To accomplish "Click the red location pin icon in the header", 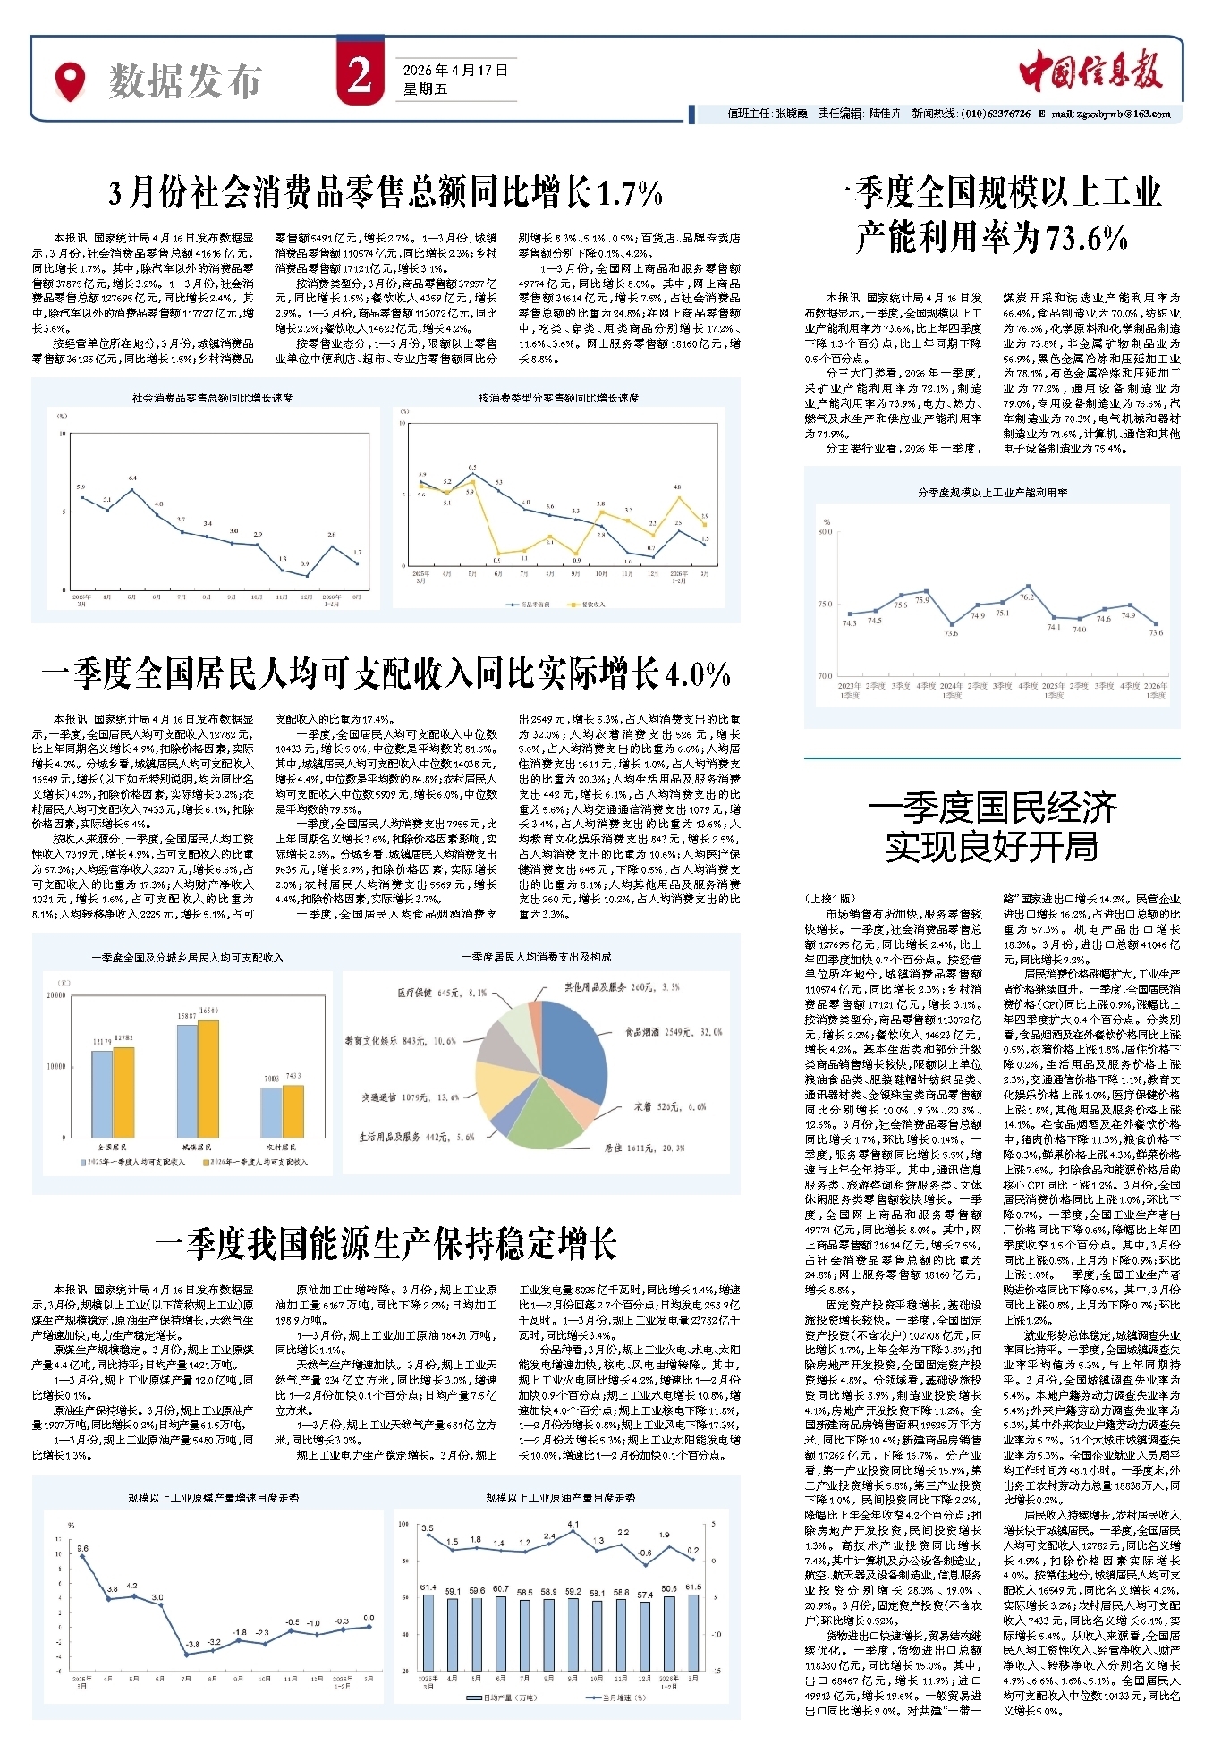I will (70, 80).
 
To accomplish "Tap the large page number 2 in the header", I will (361, 76).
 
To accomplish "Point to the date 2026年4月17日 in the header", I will (455, 70).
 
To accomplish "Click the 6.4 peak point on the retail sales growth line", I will (132, 489).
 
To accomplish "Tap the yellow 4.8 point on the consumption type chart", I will (678, 497).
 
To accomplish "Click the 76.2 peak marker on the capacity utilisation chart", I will (1028, 587).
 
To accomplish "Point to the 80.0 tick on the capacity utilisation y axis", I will (824, 531).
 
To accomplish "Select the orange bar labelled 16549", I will (208, 1079).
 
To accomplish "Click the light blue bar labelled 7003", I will (271, 1112).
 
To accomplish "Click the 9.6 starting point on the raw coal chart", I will (83, 1557).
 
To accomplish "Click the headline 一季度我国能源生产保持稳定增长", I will (386, 1244).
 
